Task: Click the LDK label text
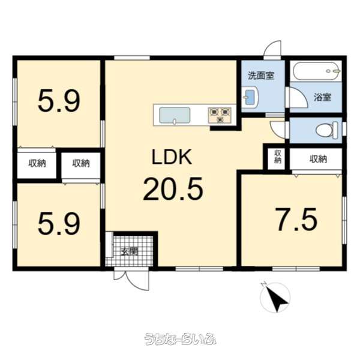[172, 157]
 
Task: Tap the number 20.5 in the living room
[173, 189]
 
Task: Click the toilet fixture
[327, 130]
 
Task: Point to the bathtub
[316, 70]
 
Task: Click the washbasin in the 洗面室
[250, 97]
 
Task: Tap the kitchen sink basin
[175, 115]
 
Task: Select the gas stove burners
[220, 115]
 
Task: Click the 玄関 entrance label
[130, 252]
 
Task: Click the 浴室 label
[323, 98]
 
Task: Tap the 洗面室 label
[261, 76]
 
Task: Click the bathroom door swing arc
[298, 98]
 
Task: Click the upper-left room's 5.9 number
[59, 101]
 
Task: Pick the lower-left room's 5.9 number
[59, 223]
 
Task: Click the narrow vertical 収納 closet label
[278, 157]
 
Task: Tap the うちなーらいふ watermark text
[180, 339]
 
